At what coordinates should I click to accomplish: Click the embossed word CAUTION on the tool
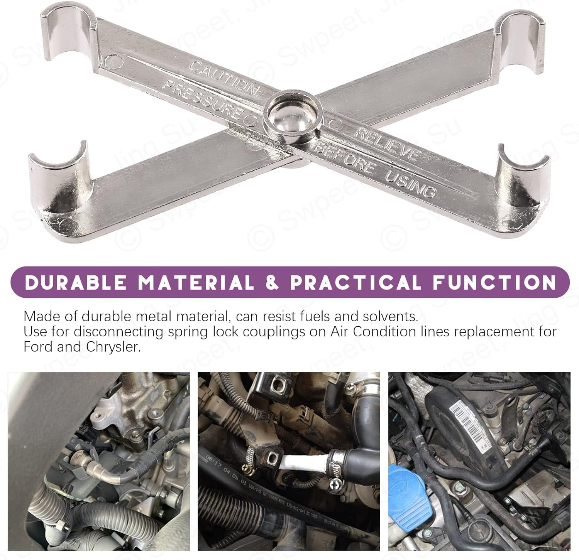coord(225,76)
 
